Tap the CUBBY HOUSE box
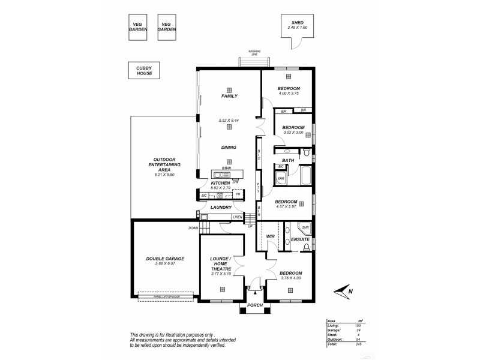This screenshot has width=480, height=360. [x=143, y=71]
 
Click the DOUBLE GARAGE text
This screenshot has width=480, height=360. [x=165, y=259]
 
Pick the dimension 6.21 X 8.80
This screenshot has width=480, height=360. [x=163, y=174]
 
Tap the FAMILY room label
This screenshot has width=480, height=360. [x=229, y=96]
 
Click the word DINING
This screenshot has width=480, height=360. [x=229, y=147]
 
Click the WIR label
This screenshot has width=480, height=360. [x=270, y=237]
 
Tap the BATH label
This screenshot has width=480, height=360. [x=288, y=160]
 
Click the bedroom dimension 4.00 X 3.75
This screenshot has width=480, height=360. [x=288, y=94]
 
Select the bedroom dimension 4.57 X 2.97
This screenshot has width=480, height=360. [x=287, y=207]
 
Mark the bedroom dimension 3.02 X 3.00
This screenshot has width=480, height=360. [x=293, y=133]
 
